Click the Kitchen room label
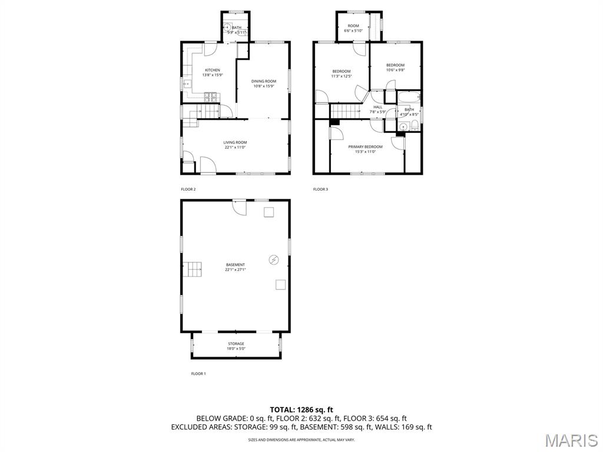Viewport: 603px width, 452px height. click(212, 72)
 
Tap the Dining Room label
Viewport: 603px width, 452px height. click(264, 84)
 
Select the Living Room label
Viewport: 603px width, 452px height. click(235, 145)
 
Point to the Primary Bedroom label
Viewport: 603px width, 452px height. click(365, 149)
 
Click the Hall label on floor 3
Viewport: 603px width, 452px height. click(377, 109)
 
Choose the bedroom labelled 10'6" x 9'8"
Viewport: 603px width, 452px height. click(395, 67)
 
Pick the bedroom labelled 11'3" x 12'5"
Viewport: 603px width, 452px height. click(341, 74)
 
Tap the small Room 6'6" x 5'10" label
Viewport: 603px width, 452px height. click(353, 28)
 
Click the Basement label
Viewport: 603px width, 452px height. click(235, 267)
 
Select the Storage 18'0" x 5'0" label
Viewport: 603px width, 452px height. click(236, 346)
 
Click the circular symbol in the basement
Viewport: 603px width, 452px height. click(274, 259)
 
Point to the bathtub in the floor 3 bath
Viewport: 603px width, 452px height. click(408, 98)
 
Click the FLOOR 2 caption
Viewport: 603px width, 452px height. click(188, 190)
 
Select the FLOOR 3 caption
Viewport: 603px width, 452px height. click(320, 190)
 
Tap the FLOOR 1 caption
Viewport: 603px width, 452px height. click(198, 374)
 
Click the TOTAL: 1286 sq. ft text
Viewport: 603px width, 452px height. click(301, 410)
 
